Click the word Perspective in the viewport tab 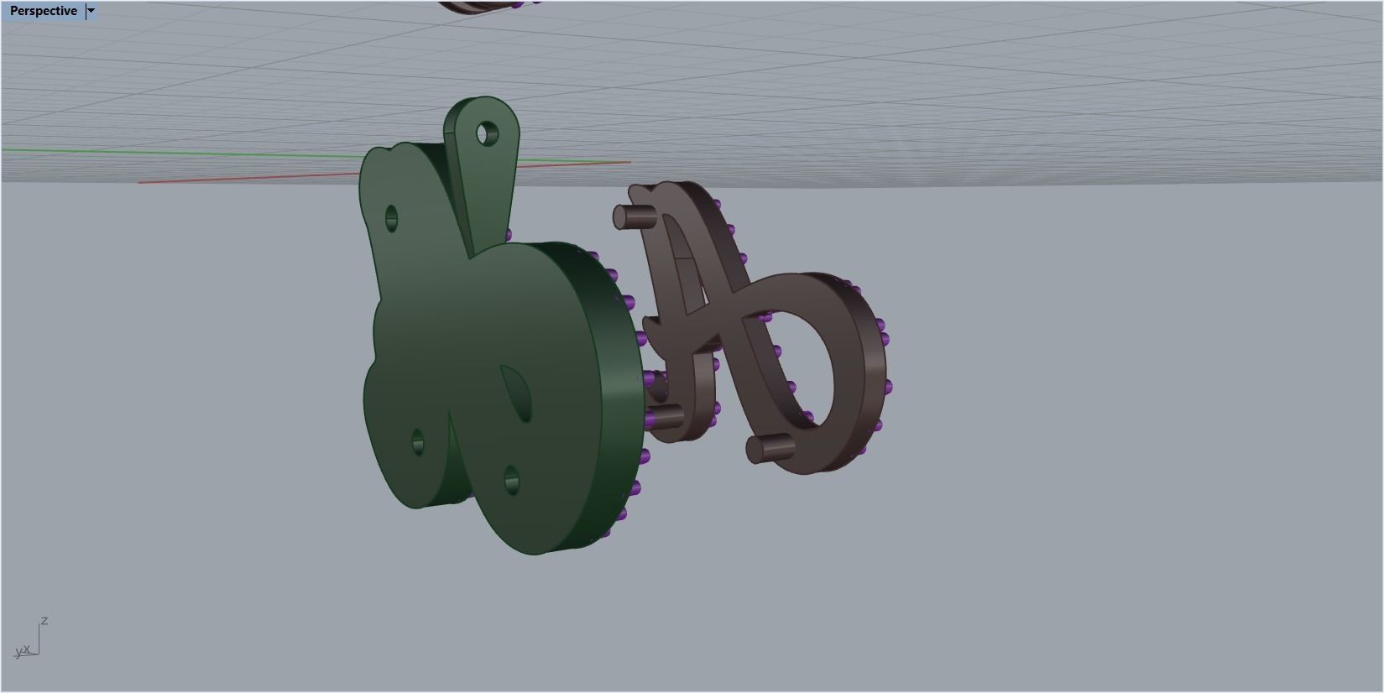click(43, 11)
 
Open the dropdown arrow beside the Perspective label click(91, 11)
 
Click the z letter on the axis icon click(44, 621)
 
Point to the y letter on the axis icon click(18, 652)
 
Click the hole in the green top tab click(487, 133)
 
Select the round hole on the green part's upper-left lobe click(391, 219)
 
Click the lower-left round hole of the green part click(418, 442)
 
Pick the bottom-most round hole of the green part click(511, 482)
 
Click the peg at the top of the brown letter click(631, 217)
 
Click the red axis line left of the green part click(252, 177)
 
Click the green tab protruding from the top click(483, 168)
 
